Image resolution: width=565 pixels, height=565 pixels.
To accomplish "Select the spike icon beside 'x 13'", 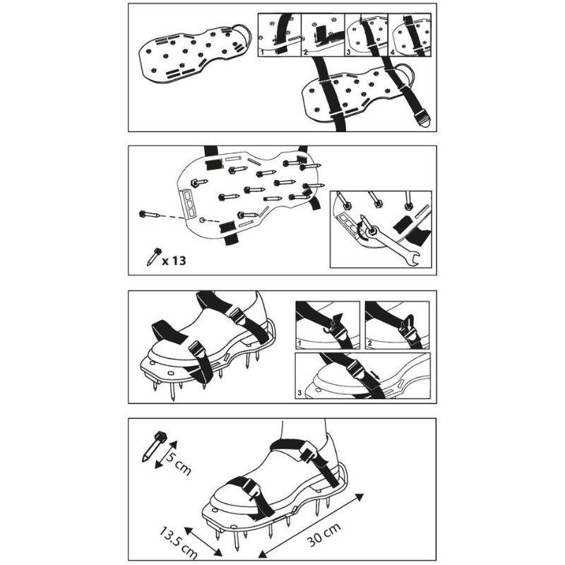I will tap(153, 256).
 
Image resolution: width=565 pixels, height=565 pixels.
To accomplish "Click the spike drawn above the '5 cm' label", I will tap(156, 445).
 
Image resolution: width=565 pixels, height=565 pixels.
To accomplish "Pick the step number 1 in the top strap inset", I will tap(261, 52).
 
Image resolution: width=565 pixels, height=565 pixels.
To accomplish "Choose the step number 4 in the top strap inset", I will tap(393, 52).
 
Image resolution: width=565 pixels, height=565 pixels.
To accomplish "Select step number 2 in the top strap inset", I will tap(306, 52).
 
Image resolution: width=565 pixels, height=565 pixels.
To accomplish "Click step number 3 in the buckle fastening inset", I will tap(299, 391).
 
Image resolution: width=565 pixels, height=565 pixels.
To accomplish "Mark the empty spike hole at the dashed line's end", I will tap(203, 220).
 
